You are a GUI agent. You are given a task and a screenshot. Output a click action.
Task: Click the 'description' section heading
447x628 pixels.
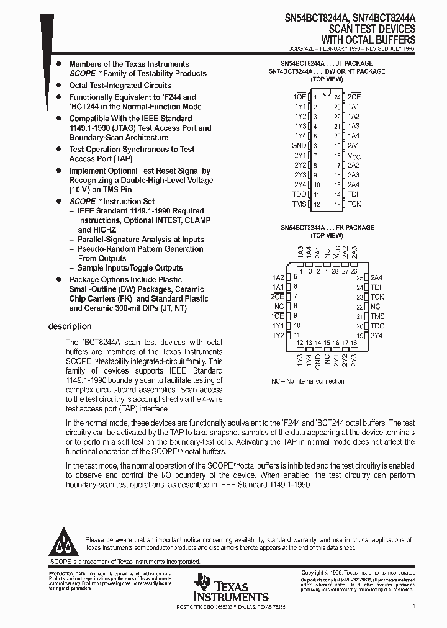click(x=70, y=326)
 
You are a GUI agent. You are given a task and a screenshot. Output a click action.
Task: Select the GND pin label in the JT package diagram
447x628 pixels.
click(x=299, y=145)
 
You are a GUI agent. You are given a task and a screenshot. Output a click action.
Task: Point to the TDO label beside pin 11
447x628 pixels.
click(x=299, y=194)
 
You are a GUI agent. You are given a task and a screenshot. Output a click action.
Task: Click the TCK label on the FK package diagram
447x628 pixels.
click(x=378, y=297)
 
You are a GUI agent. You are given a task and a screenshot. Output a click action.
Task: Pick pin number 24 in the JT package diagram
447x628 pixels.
click(x=337, y=97)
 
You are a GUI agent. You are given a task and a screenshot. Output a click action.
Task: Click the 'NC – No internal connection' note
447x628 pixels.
click(x=308, y=381)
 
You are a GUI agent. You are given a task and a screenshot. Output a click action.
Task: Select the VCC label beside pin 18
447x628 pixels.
click(x=353, y=156)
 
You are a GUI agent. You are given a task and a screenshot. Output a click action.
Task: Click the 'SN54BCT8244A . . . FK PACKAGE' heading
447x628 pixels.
click(x=327, y=228)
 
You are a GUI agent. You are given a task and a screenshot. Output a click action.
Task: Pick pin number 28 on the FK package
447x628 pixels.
click(x=336, y=271)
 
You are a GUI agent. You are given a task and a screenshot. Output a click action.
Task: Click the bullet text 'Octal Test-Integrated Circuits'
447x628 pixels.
click(x=120, y=86)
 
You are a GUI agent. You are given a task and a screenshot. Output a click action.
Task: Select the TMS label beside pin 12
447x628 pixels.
click(x=299, y=204)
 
